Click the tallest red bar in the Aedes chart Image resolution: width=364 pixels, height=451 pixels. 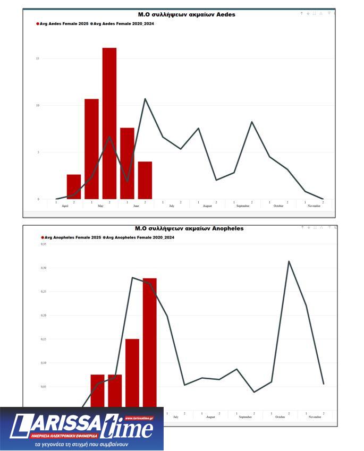(x=109, y=123)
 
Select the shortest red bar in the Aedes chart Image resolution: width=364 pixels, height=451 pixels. (x=74, y=186)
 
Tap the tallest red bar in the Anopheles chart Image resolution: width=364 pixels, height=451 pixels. (x=150, y=343)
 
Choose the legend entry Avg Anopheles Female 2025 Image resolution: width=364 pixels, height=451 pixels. (x=72, y=237)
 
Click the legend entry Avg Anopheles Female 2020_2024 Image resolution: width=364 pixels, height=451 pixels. (x=139, y=237)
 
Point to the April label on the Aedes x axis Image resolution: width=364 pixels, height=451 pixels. (x=65, y=206)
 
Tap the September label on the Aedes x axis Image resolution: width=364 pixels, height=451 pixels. (x=243, y=206)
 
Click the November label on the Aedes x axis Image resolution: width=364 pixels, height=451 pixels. (x=314, y=206)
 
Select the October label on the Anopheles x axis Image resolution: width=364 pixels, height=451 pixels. (x=280, y=418)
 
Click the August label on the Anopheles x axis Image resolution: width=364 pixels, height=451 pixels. (x=210, y=418)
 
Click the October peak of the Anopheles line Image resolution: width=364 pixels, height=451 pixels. (x=289, y=261)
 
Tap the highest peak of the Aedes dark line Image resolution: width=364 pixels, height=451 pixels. (x=145, y=99)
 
